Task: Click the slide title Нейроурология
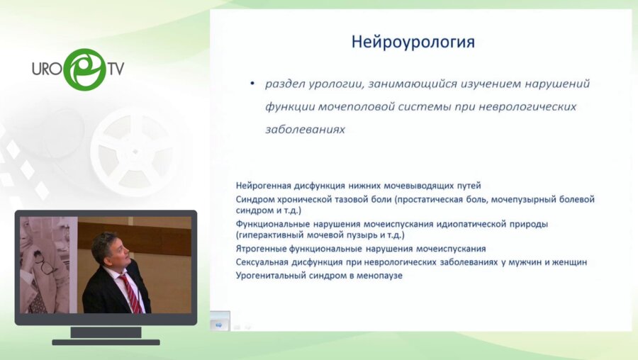[413, 43]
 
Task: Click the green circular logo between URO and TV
[85, 69]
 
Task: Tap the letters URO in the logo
[48, 69]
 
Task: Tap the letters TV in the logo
[115, 69]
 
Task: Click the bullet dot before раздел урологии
[253, 84]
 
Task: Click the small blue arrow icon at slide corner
[218, 325]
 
